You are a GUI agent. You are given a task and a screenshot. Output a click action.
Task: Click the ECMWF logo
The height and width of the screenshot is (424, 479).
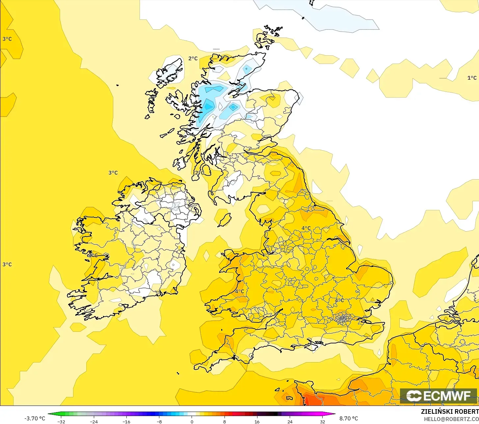pyautogui.click(x=438, y=396)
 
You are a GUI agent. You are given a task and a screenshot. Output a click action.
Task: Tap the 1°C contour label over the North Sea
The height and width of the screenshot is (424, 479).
pyautogui.click(x=472, y=78)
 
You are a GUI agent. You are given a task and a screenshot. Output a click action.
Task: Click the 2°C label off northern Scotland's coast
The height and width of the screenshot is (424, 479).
pyautogui.click(x=193, y=59)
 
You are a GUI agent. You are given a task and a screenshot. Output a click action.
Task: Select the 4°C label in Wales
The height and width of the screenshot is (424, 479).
pyautogui.click(x=239, y=291)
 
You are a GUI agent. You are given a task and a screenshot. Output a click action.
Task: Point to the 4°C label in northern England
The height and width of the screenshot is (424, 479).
pyautogui.click(x=306, y=228)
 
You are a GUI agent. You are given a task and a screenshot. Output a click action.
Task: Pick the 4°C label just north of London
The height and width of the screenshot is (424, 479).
pyautogui.click(x=339, y=300)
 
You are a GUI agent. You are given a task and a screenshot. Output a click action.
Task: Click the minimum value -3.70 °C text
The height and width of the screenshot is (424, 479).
pyautogui.click(x=35, y=418)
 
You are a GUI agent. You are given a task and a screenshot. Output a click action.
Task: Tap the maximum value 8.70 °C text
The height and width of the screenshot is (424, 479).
pyautogui.click(x=348, y=418)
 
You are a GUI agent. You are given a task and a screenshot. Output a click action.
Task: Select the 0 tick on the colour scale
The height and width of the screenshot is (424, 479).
pyautogui.click(x=192, y=421)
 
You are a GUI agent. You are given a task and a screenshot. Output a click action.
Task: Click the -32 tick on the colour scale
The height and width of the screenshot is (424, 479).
pyautogui.click(x=61, y=421)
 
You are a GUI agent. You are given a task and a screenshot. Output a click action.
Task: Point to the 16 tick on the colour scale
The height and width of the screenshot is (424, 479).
pyautogui.click(x=257, y=421)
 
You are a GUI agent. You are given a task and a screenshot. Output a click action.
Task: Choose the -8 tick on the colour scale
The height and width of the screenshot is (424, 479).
pyautogui.click(x=159, y=421)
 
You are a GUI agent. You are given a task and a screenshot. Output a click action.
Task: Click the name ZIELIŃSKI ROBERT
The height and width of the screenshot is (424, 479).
pyautogui.click(x=450, y=411)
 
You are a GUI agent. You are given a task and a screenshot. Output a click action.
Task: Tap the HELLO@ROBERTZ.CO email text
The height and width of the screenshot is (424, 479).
pyautogui.click(x=451, y=419)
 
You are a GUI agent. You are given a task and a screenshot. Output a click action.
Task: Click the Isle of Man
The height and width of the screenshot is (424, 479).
pyautogui.click(x=225, y=220)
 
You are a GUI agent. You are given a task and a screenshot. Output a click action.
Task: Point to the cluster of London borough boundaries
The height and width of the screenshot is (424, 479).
pyautogui.click(x=343, y=318)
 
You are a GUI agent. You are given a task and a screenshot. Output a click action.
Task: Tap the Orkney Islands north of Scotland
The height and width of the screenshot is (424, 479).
pyautogui.click(x=266, y=38)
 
